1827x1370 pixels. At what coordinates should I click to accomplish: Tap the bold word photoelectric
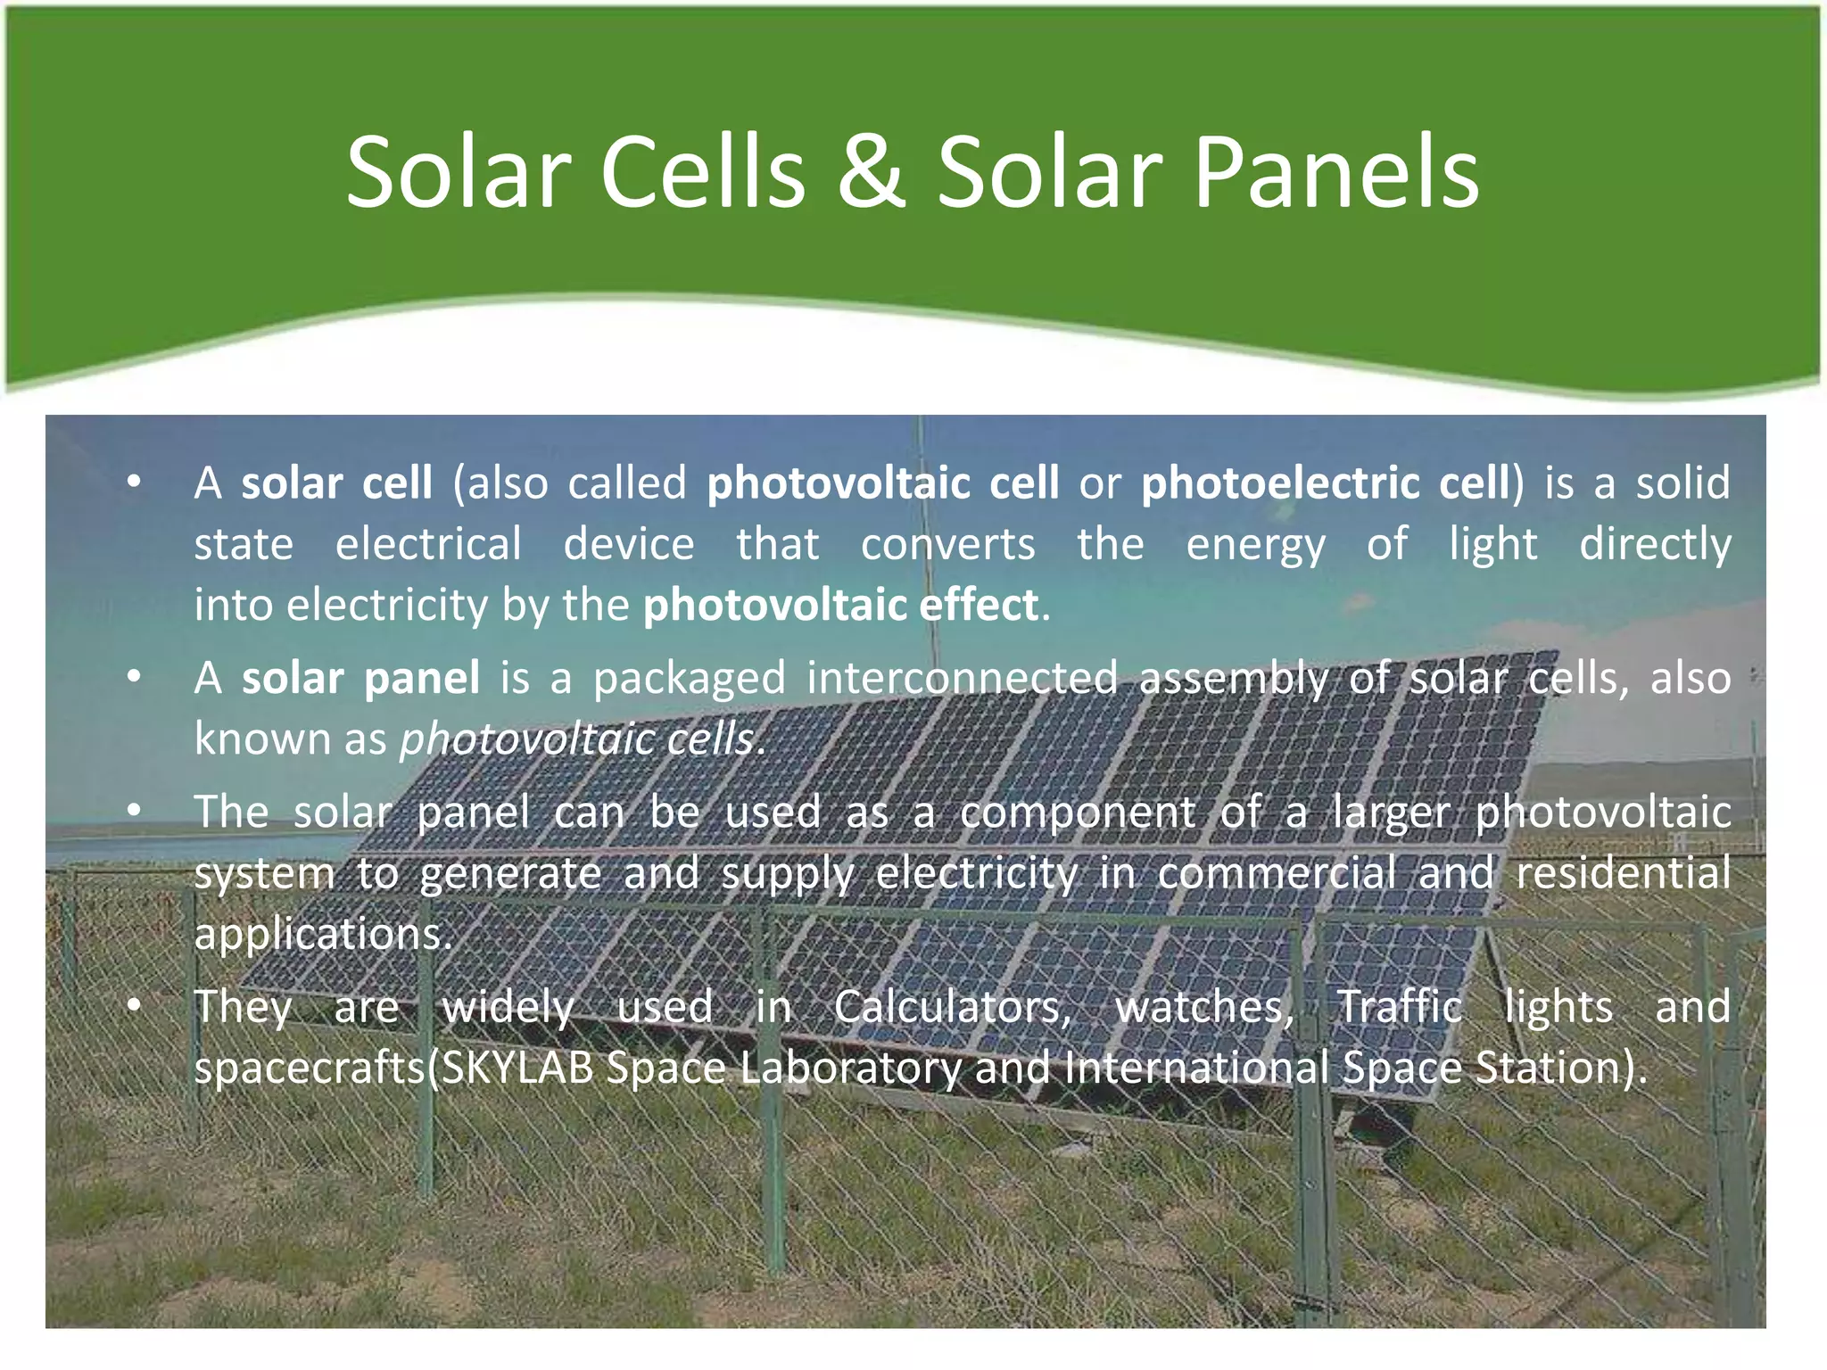[1281, 483]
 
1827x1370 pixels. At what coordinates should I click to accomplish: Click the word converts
[947, 544]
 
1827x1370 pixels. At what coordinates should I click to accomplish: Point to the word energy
[1255, 546]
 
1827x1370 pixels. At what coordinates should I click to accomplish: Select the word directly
[1655, 544]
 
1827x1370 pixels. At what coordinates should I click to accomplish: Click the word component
[1077, 813]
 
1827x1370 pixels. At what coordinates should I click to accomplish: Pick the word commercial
[1276, 872]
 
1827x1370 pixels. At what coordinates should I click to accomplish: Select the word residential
[1623, 872]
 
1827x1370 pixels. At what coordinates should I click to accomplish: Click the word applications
[324, 935]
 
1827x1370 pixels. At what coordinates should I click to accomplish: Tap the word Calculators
[952, 1007]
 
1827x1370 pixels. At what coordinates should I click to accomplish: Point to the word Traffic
[1399, 1007]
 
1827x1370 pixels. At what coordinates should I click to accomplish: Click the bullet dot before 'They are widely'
[134, 1006]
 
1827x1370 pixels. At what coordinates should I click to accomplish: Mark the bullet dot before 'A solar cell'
[134, 483]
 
